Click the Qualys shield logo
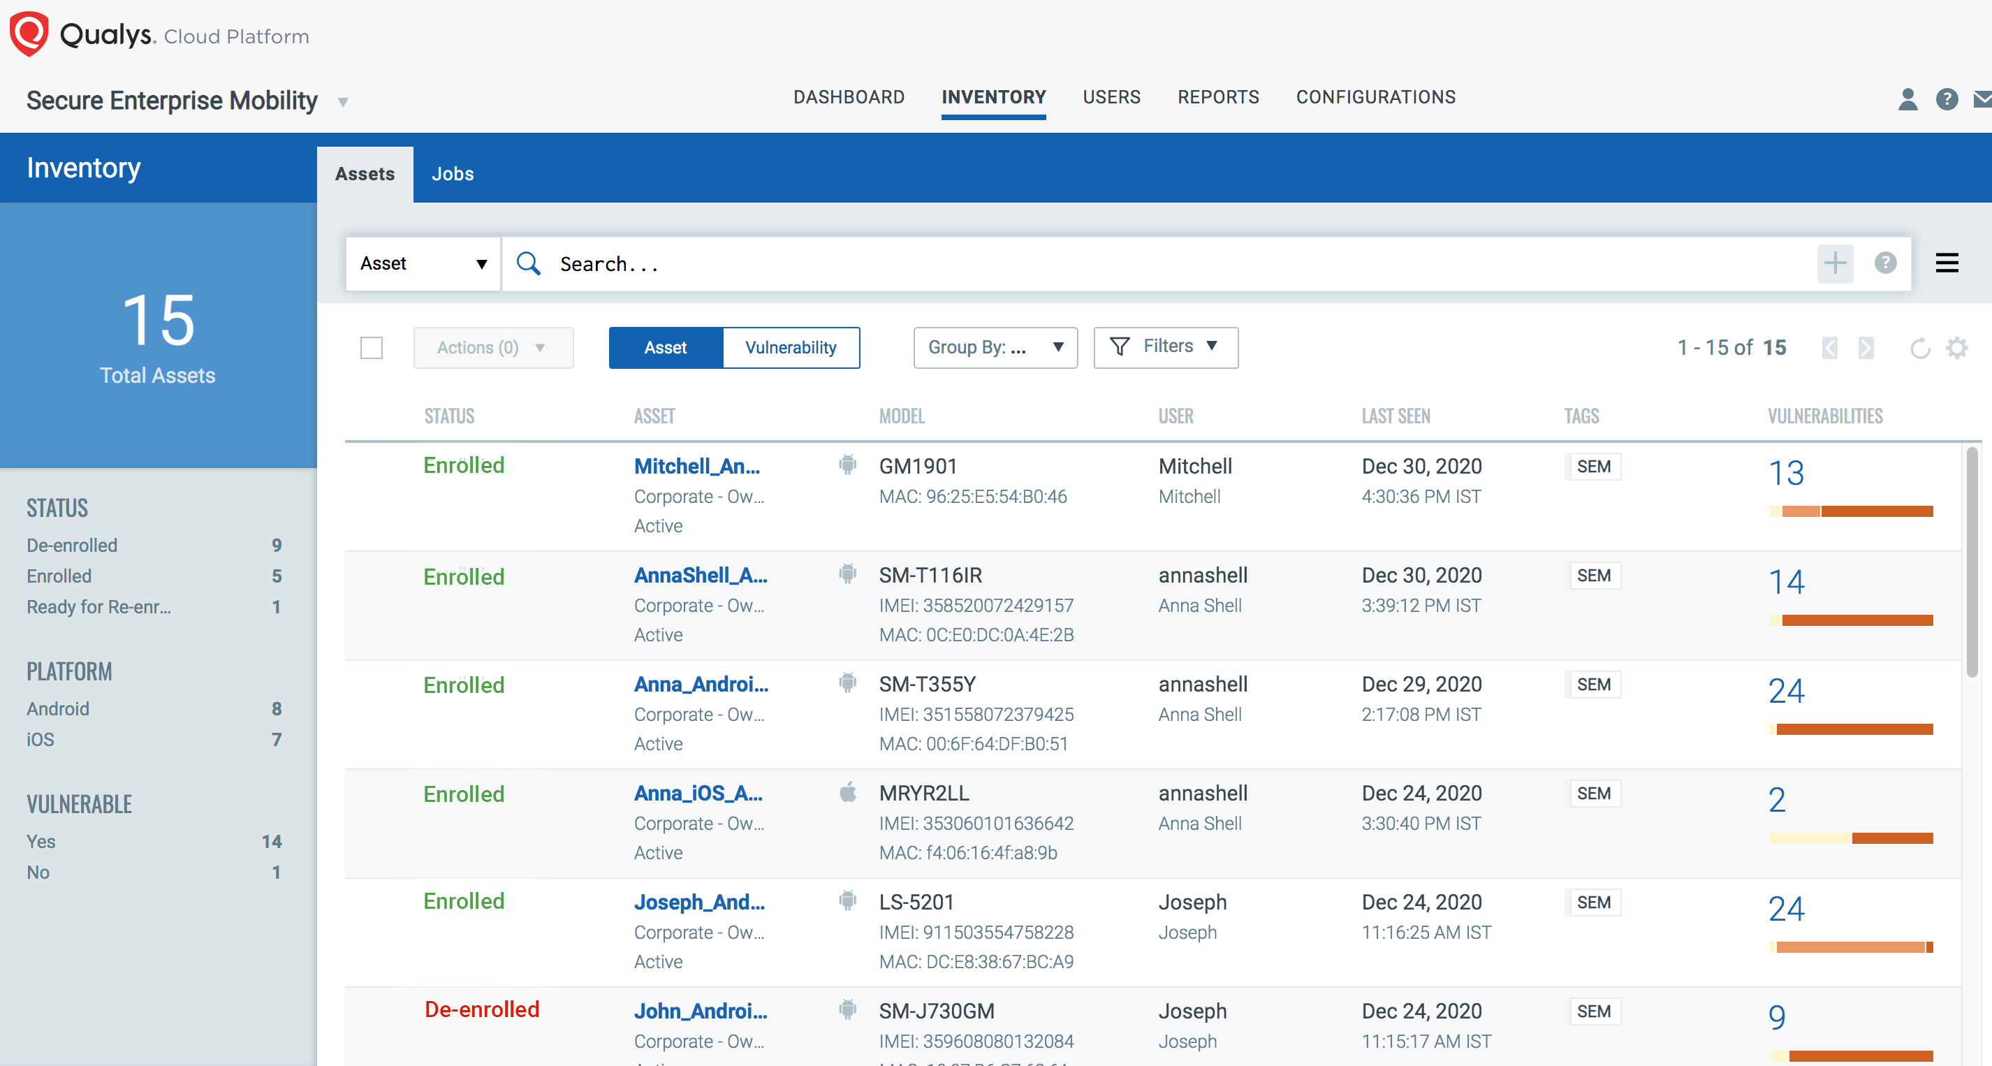click(x=29, y=34)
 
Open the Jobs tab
click(x=453, y=174)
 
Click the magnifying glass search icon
click(x=528, y=264)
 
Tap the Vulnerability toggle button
click(x=791, y=347)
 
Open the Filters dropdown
click(x=1165, y=346)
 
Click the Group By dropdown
click(x=995, y=347)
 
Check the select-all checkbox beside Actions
click(x=371, y=347)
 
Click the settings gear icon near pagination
click(x=1956, y=347)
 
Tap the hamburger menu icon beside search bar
click(x=1947, y=263)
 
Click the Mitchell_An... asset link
click(x=697, y=467)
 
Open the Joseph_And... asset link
click(x=699, y=902)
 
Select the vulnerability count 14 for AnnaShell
click(x=1785, y=582)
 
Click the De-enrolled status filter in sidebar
click(x=72, y=546)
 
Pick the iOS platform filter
click(x=41, y=740)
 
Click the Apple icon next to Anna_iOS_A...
click(x=847, y=792)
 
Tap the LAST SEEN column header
click(x=1395, y=416)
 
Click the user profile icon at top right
click(x=1907, y=99)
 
